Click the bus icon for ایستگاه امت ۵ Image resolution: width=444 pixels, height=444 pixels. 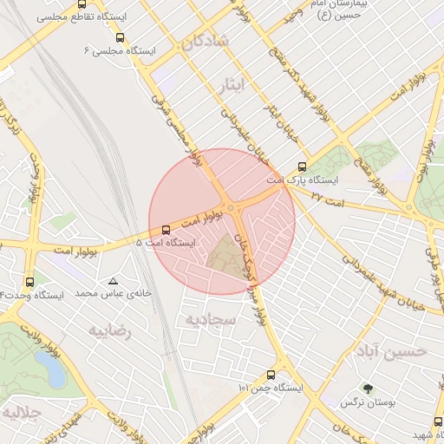[166, 229]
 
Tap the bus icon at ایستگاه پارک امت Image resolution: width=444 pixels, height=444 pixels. [302, 167]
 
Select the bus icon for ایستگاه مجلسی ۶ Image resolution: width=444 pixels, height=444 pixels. [119, 37]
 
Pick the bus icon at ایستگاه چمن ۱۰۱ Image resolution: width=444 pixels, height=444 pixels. [271, 375]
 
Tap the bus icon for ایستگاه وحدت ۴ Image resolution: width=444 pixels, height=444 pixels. [30, 282]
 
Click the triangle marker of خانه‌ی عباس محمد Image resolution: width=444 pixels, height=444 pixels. [113, 281]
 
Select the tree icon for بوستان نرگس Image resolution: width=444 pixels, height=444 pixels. [369, 388]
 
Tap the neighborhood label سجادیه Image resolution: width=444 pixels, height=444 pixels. [207, 320]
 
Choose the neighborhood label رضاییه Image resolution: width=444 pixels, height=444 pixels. [112, 330]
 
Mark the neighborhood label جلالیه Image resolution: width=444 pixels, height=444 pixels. [20, 412]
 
